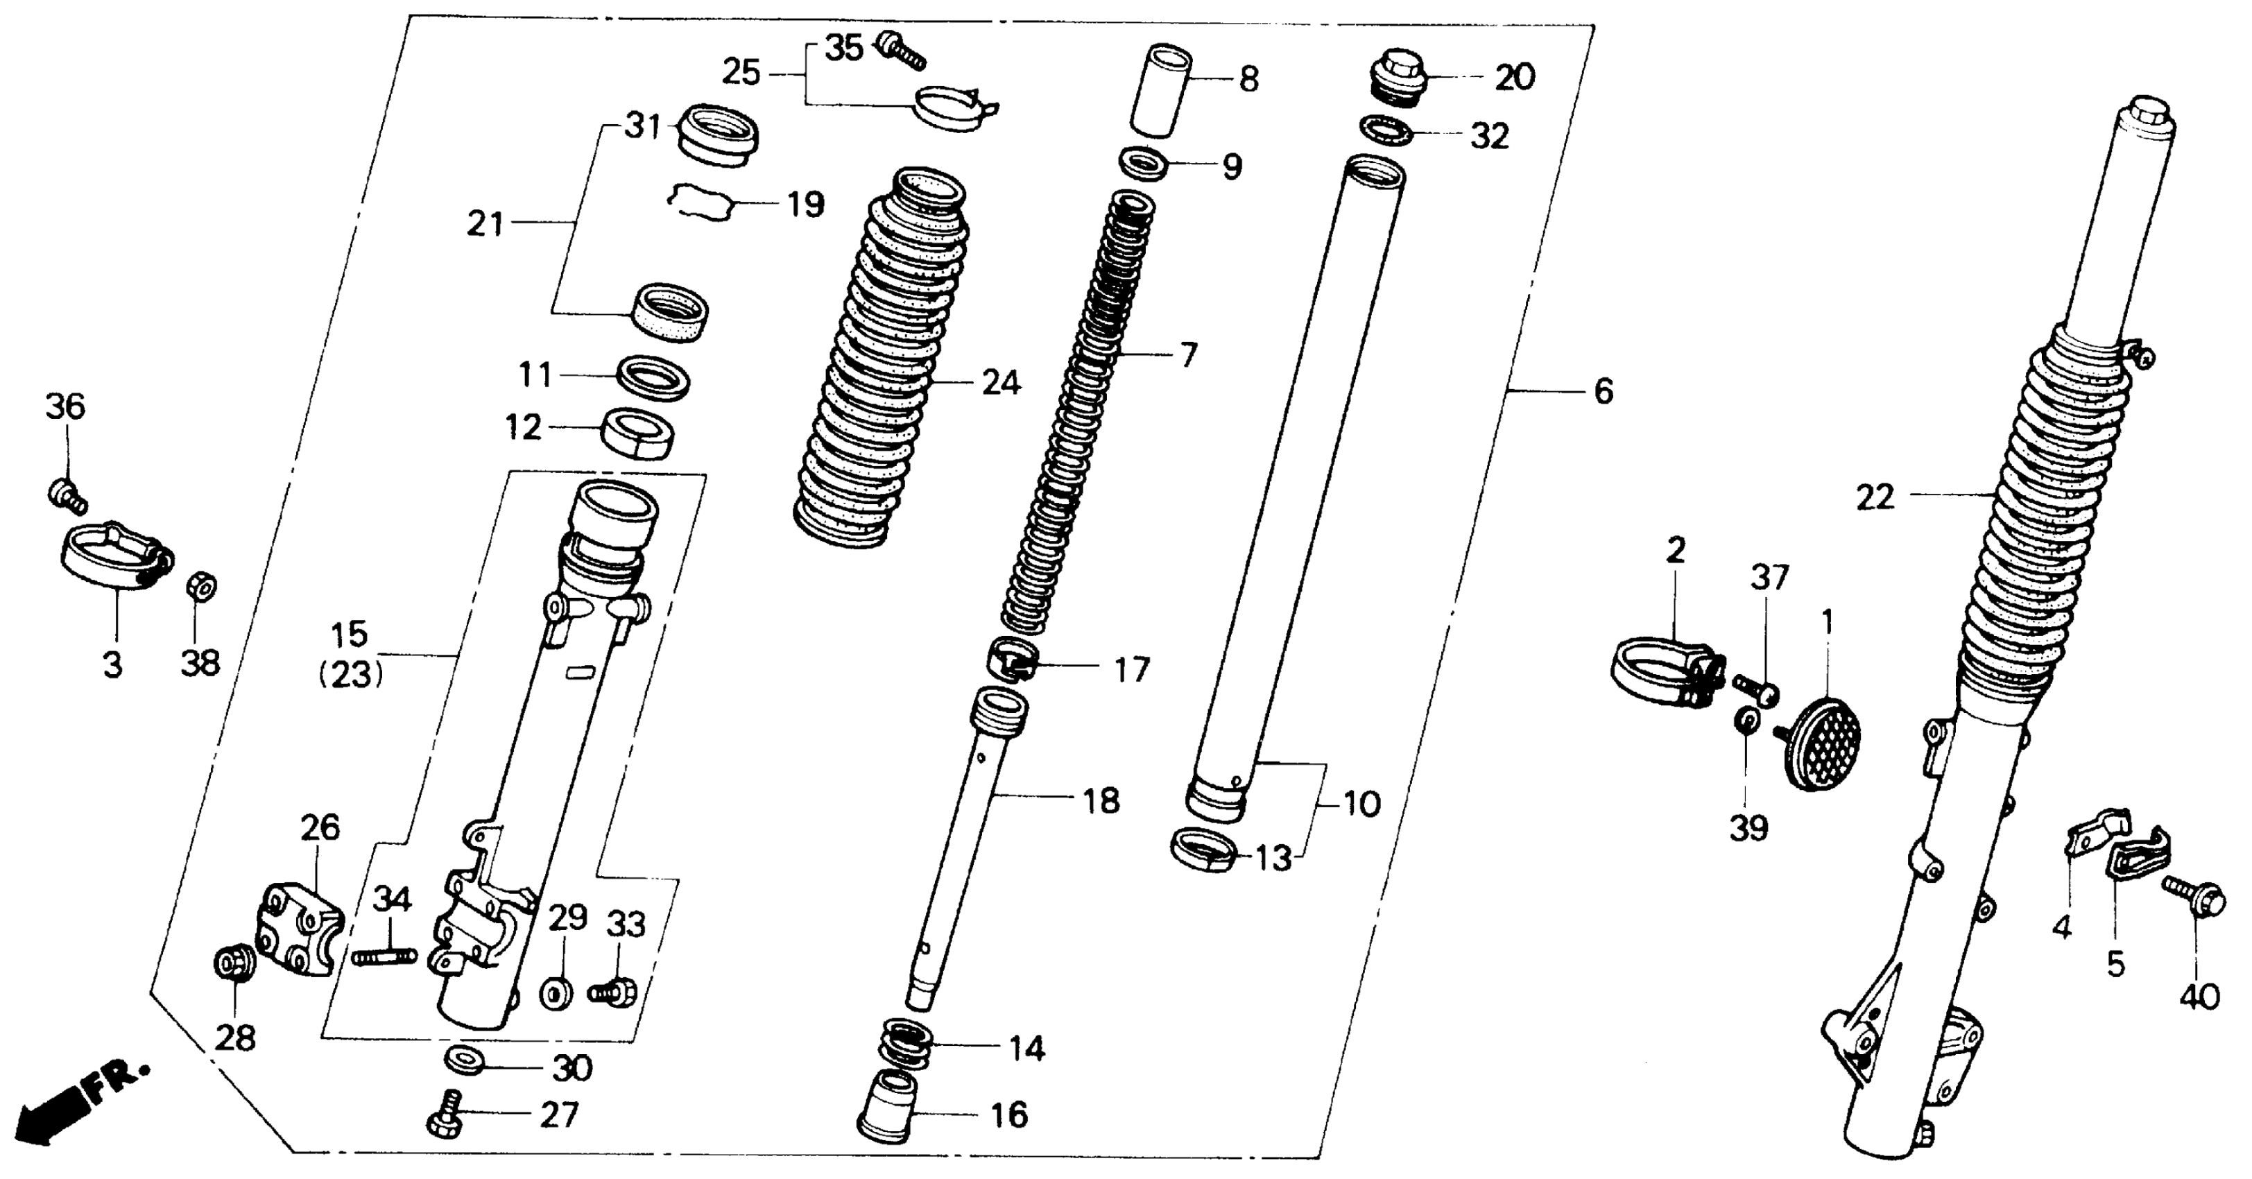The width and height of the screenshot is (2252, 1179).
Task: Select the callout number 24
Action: [x=1001, y=382]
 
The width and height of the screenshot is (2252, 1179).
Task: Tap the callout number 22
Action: [x=1875, y=497]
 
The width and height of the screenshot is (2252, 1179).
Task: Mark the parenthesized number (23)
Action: [x=352, y=675]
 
